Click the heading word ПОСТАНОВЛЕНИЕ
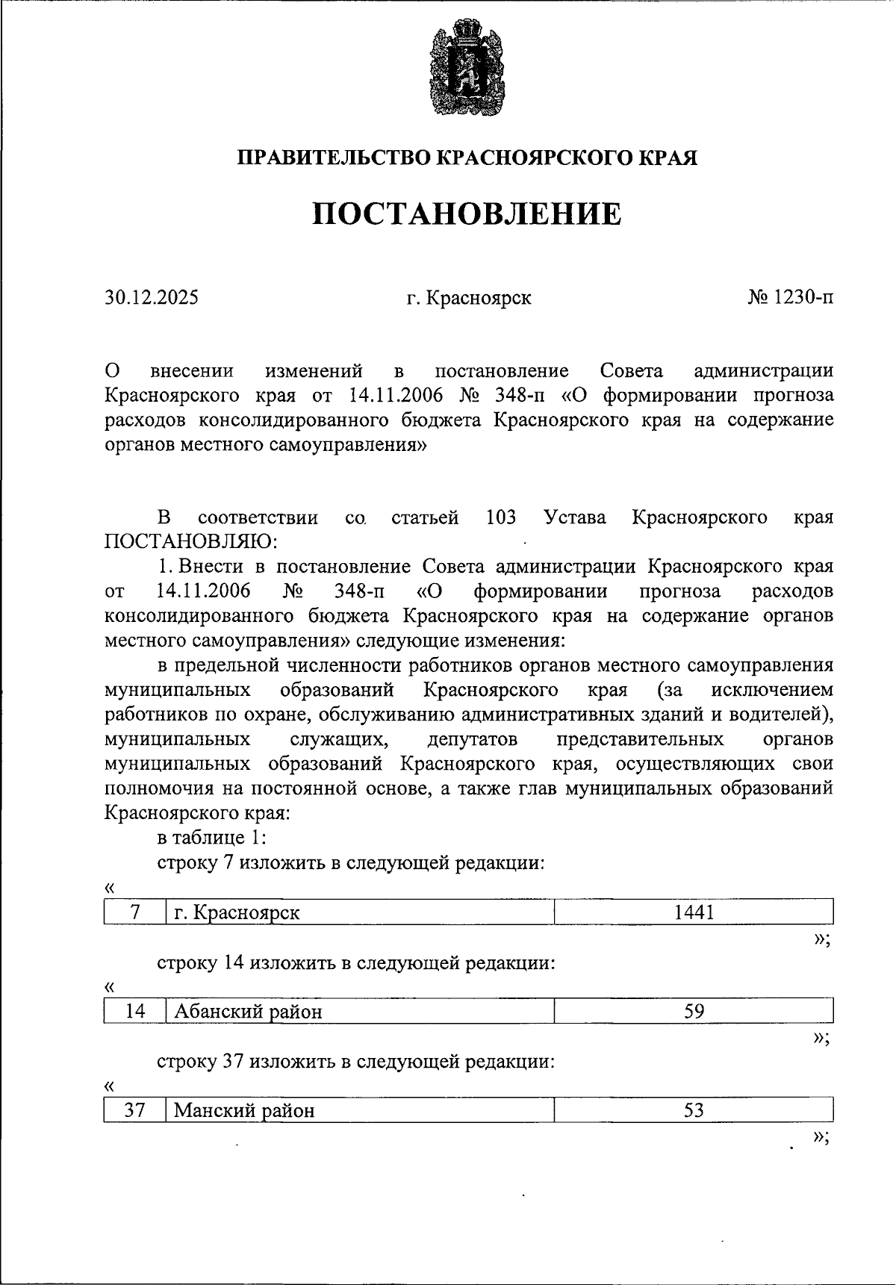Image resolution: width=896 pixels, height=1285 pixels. (467, 214)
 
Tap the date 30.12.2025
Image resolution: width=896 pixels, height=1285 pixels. (152, 298)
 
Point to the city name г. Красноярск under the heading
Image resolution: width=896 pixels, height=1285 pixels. (469, 298)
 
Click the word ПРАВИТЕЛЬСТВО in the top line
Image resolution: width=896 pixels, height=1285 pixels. (333, 158)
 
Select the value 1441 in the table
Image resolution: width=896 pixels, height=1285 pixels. (694, 912)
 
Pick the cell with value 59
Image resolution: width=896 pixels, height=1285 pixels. (694, 1011)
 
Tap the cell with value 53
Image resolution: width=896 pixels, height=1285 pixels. (694, 1110)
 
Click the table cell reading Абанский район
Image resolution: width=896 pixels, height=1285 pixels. (249, 1012)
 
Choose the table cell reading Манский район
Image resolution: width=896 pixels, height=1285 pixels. (244, 1110)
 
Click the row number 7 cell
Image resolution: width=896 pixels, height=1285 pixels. (135, 912)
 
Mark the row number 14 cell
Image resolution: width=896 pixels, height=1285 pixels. (135, 1011)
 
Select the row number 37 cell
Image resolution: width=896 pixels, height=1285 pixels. (135, 1110)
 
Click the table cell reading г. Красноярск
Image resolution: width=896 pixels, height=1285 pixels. (237, 912)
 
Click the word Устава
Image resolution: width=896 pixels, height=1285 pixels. (575, 517)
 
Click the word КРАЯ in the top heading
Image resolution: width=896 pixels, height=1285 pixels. (669, 158)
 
